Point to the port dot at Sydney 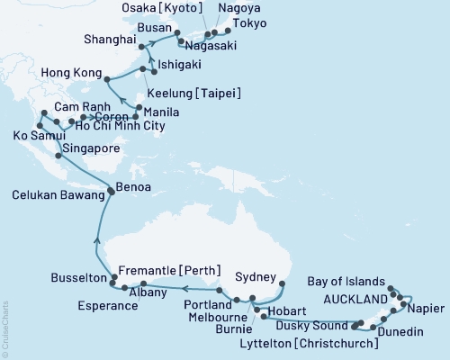tap(282, 284)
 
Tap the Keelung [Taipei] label tap(193, 94)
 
